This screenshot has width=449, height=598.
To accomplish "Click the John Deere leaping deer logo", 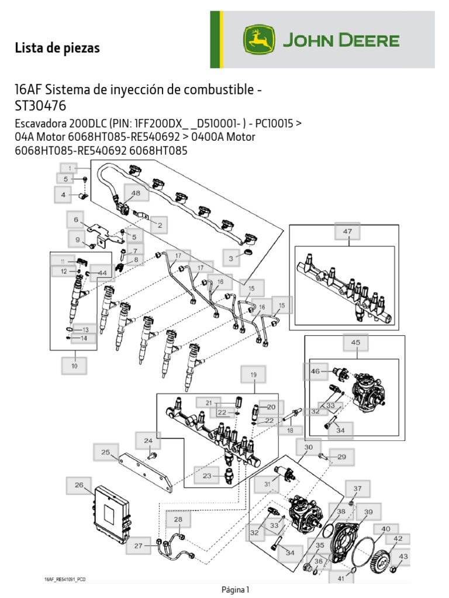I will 258,40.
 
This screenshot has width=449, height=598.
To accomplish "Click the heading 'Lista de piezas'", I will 57,48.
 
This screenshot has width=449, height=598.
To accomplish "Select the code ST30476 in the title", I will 40,106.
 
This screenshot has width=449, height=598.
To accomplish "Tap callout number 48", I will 136,193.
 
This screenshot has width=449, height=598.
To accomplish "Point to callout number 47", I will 347,232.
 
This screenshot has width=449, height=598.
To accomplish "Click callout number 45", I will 355,343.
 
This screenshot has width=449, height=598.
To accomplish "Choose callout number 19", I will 254,374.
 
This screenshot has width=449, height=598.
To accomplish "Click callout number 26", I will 78,485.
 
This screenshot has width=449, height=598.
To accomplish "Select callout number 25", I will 105,452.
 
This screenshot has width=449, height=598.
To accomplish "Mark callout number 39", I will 368,512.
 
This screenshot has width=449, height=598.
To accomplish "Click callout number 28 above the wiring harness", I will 178,519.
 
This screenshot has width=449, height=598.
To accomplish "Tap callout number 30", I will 308,447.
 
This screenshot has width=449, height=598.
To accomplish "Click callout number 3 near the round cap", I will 231,258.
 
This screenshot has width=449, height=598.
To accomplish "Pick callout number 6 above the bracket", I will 75,220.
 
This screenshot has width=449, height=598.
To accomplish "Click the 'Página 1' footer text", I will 236,589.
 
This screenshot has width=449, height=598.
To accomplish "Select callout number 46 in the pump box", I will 316,371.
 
